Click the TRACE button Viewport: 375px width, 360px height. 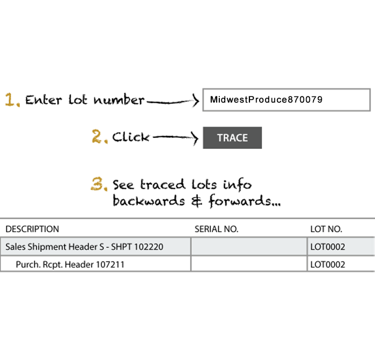click(232, 138)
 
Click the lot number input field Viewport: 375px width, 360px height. click(287, 100)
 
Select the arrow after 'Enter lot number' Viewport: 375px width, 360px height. click(172, 101)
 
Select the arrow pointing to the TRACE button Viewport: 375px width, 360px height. click(175, 137)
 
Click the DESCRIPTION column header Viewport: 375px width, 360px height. click(32, 229)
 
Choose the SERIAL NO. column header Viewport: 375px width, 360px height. click(217, 229)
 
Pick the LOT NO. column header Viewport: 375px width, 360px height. click(326, 229)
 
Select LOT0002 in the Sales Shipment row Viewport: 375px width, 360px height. click(328, 247)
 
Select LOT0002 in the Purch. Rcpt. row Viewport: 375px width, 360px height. click(328, 265)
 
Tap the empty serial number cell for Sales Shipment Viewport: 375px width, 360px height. click(249, 246)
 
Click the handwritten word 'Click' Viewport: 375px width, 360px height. click(131, 137)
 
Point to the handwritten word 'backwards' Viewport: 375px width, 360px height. click(149, 200)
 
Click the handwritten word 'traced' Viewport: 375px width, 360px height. click(163, 184)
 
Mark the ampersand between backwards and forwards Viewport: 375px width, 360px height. click(197, 201)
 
